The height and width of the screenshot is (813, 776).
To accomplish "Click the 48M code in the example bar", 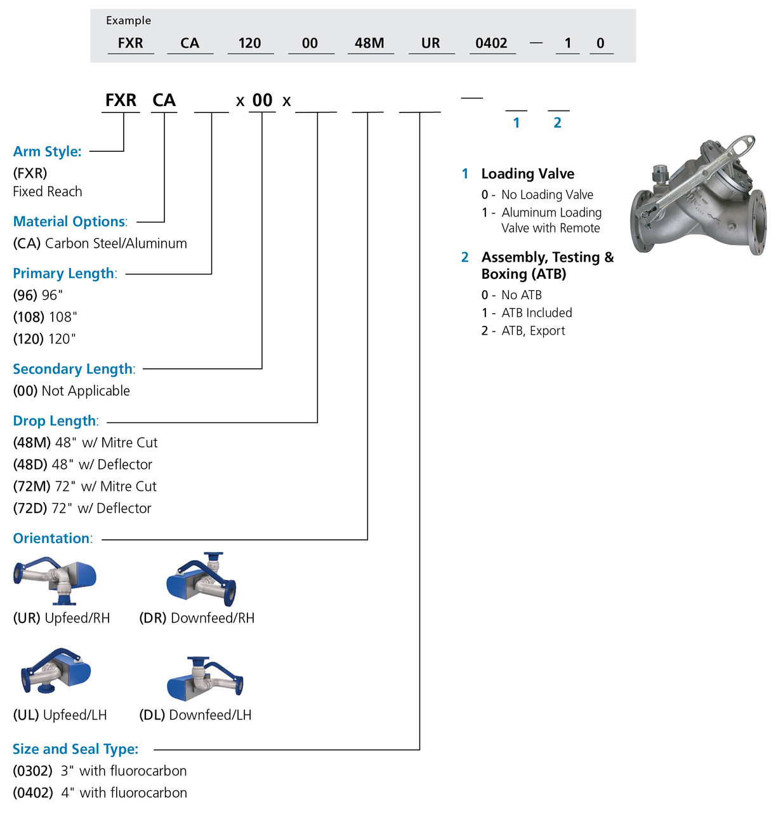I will pos(369,43).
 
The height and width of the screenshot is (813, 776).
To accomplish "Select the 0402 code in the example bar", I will pos(491,43).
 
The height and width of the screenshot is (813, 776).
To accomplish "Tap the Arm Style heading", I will pos(48,151).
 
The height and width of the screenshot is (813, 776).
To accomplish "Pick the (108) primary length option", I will pos(44,317).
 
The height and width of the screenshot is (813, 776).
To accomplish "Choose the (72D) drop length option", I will pos(82,508).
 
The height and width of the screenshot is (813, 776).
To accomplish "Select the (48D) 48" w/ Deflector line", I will pos(82,464).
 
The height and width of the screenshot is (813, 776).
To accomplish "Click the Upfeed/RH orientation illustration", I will pos(55,580).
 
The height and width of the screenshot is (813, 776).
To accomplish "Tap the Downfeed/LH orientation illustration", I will pos(204,678).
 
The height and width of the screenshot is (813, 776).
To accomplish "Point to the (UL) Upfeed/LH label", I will pos(60,715).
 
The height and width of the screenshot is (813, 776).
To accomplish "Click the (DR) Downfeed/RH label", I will pos(197,618).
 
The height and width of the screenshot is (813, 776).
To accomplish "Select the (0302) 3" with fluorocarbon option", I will pos(100,771).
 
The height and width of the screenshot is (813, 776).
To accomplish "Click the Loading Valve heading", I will pos(527,174).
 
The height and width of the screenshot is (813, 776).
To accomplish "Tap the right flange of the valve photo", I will pos(758,222).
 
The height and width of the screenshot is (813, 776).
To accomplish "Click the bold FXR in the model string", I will pos(121,100).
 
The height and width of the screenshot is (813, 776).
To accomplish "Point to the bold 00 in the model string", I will pos(262,100).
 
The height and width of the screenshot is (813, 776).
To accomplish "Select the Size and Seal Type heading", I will pos(76,749).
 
